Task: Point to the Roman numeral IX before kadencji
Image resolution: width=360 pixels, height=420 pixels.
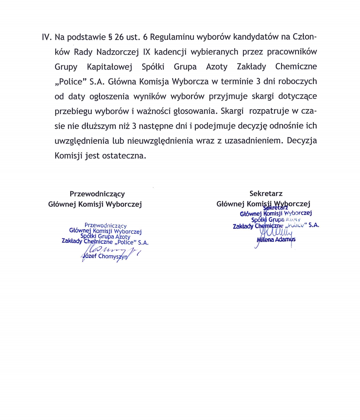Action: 146,52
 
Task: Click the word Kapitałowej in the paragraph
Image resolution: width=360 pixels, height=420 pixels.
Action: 109,67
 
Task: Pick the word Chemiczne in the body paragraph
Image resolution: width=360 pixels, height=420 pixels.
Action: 296,67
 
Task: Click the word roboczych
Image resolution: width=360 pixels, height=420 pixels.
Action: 298,82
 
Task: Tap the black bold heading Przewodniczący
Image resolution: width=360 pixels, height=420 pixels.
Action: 97,194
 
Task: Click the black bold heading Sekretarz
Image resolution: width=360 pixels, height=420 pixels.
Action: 266,194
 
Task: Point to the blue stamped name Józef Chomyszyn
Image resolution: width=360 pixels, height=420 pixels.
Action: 105,257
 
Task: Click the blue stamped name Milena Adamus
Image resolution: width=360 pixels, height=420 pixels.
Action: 276,239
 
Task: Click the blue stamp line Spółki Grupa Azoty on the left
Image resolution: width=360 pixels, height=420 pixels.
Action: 105,237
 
